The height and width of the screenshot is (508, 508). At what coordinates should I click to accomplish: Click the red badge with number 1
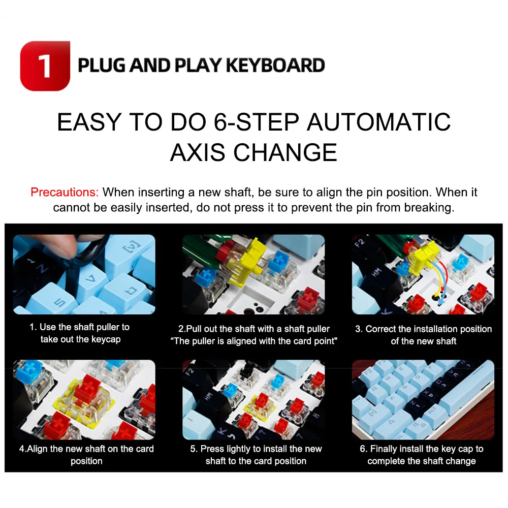pyautogui.click(x=45, y=66)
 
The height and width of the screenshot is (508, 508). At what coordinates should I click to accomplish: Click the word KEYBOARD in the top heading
pyautogui.click(x=275, y=66)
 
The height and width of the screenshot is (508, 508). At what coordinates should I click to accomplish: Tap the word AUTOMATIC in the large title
pyautogui.click(x=378, y=122)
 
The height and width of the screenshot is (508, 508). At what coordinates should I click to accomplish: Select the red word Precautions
pyautogui.click(x=65, y=192)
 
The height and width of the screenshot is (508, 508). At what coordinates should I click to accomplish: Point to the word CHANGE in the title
pyautogui.click(x=285, y=152)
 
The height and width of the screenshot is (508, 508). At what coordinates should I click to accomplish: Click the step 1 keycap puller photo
pyautogui.click(x=84, y=274)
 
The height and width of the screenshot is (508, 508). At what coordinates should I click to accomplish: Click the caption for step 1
pyautogui.click(x=80, y=333)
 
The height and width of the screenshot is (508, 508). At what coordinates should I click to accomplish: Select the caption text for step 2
pyautogui.click(x=254, y=335)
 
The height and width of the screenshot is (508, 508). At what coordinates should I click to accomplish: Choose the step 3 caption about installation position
pyautogui.click(x=424, y=335)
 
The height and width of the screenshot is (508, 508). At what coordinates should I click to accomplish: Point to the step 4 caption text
pyautogui.click(x=86, y=455)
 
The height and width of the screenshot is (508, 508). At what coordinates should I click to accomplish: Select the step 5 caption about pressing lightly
pyautogui.click(x=256, y=455)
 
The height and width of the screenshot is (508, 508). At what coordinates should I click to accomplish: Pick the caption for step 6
pyautogui.click(x=422, y=455)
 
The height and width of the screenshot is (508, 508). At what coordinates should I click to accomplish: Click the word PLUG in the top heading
pyautogui.click(x=102, y=66)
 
